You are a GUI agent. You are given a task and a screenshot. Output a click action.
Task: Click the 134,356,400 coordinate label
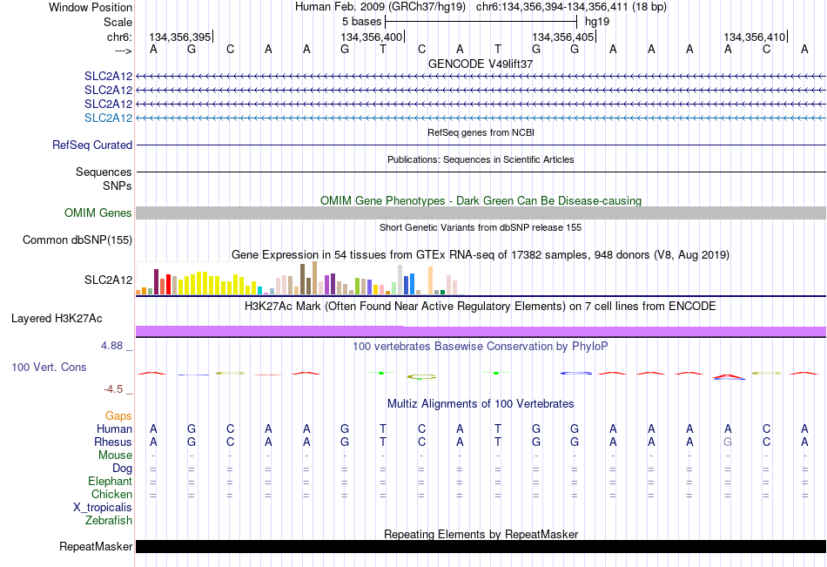(x=372, y=37)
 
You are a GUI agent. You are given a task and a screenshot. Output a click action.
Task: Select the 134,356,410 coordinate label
(x=754, y=37)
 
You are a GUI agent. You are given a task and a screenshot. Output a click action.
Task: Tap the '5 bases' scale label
(x=361, y=22)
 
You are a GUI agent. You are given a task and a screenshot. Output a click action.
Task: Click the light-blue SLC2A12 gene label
(x=108, y=118)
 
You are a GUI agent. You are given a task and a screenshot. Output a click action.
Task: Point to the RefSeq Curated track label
(x=92, y=145)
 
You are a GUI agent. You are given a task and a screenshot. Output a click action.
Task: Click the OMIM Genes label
(x=98, y=213)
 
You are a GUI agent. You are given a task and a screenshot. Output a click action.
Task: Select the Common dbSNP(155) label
(x=77, y=240)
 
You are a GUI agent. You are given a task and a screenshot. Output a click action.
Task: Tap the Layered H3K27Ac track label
(x=57, y=319)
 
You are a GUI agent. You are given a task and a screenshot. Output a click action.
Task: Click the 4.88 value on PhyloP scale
(x=111, y=346)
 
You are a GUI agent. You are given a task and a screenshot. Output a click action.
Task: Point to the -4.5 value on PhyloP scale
(x=113, y=389)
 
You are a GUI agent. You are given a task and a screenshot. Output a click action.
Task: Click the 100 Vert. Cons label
(x=49, y=367)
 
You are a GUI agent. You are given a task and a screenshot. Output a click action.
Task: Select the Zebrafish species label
(x=109, y=520)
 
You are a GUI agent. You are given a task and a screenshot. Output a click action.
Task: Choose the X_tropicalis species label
(x=103, y=508)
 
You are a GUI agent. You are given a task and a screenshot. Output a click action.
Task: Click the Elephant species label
(x=111, y=481)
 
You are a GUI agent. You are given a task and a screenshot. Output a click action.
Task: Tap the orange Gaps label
(x=118, y=416)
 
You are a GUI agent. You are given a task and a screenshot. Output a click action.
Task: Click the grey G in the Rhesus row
(x=728, y=442)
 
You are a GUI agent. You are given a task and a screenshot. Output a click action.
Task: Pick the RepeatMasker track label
(x=96, y=546)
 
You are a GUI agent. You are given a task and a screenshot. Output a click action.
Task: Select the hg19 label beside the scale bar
(x=597, y=22)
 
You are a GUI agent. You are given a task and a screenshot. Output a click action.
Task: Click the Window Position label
(x=91, y=7)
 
